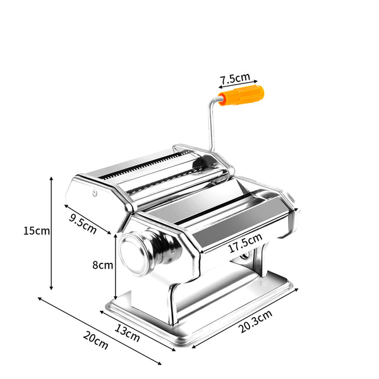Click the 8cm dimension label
tap(102, 265)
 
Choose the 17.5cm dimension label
tap(245, 244)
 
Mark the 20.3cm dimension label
tap(256, 321)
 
